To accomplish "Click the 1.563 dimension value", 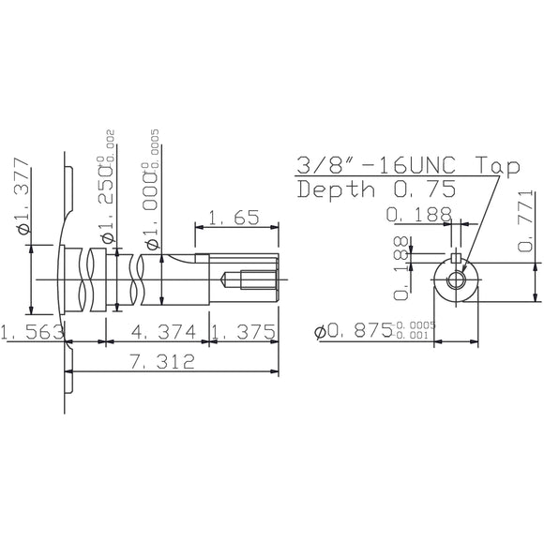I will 31,332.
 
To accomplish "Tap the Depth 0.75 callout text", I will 376,189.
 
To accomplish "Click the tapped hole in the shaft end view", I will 456,280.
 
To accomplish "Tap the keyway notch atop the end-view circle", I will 456,260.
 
